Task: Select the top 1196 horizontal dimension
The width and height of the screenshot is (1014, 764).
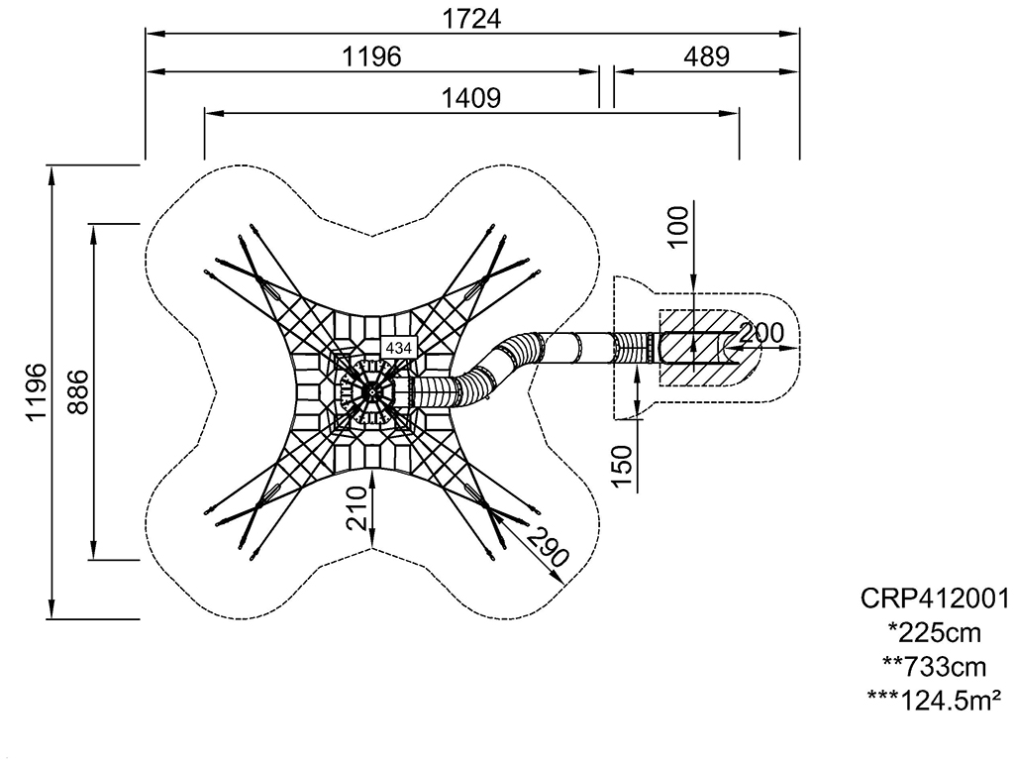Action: pos(372,56)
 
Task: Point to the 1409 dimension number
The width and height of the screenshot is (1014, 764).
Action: pos(471,97)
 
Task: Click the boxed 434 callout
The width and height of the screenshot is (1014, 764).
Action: pos(400,348)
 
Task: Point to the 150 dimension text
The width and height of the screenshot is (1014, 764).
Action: pos(622,466)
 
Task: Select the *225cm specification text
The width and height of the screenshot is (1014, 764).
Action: pos(935,632)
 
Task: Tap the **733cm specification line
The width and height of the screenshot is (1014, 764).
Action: pos(935,666)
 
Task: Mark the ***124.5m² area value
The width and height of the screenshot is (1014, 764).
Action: pos(935,700)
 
